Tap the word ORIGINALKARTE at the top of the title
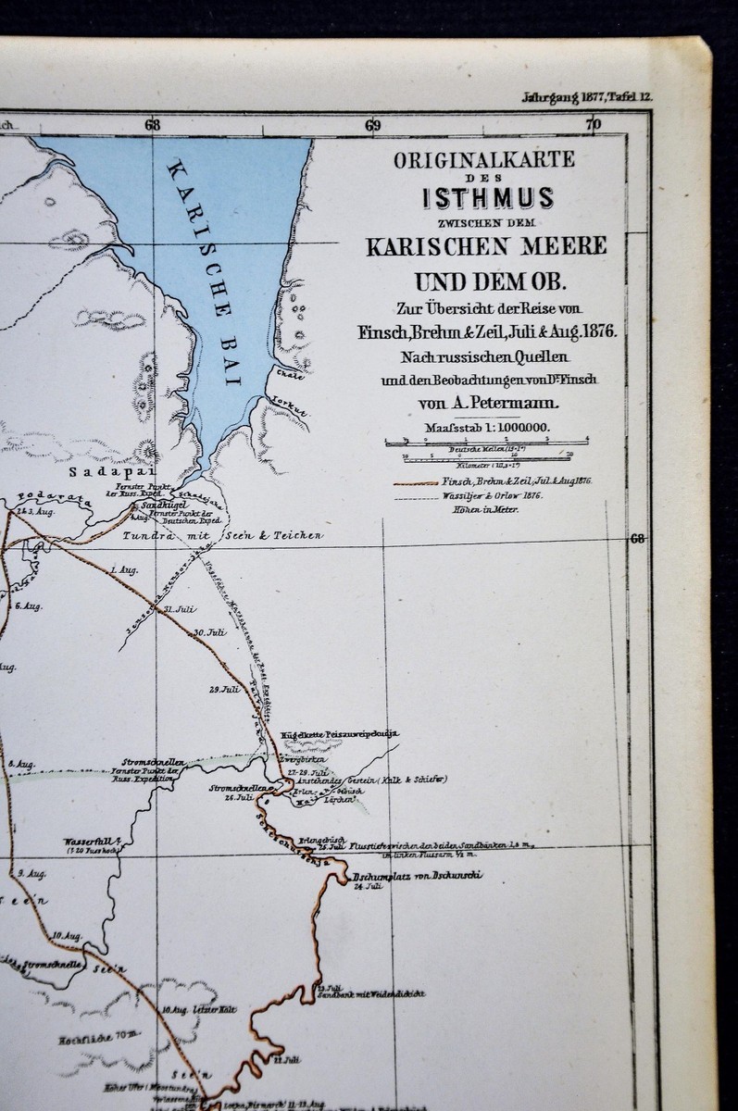(x=484, y=160)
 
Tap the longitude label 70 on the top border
(x=594, y=125)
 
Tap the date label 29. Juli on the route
(x=223, y=689)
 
